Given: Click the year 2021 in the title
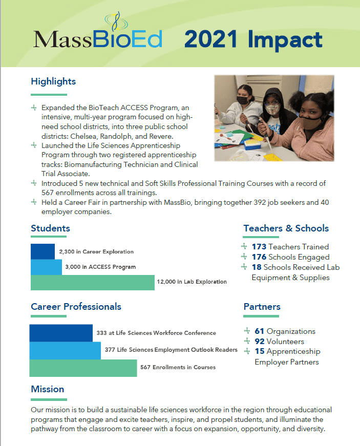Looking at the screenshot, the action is coord(210,39).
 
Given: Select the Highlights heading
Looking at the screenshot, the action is coord(53,81).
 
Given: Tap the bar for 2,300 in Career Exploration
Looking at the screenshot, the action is coord(43,251).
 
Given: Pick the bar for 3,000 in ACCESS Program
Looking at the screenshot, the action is coord(46,267).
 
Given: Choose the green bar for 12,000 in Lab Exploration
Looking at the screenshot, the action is coord(92,283).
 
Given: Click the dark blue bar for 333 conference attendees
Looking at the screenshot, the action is coord(61,333).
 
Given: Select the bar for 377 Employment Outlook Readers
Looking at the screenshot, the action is coord(65,350).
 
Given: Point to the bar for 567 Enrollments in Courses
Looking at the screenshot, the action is coord(83,368).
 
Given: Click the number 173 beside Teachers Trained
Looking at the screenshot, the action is coord(259,247).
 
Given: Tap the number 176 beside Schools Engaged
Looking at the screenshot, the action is coord(259,257).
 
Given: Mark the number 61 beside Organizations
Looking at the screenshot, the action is coord(259,331).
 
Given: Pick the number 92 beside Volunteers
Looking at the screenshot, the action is coord(260,342).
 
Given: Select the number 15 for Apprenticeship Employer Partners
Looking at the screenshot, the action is coord(260,351).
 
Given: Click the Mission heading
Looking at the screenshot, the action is coord(48,389).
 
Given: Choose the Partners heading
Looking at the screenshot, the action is coord(262,307).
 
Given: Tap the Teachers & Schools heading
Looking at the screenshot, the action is coord(286,228).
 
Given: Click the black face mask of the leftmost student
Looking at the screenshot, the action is coord(243,100).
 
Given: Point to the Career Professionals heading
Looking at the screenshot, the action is coord(76,307).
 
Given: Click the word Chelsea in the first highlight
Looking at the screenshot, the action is coord(84,136).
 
